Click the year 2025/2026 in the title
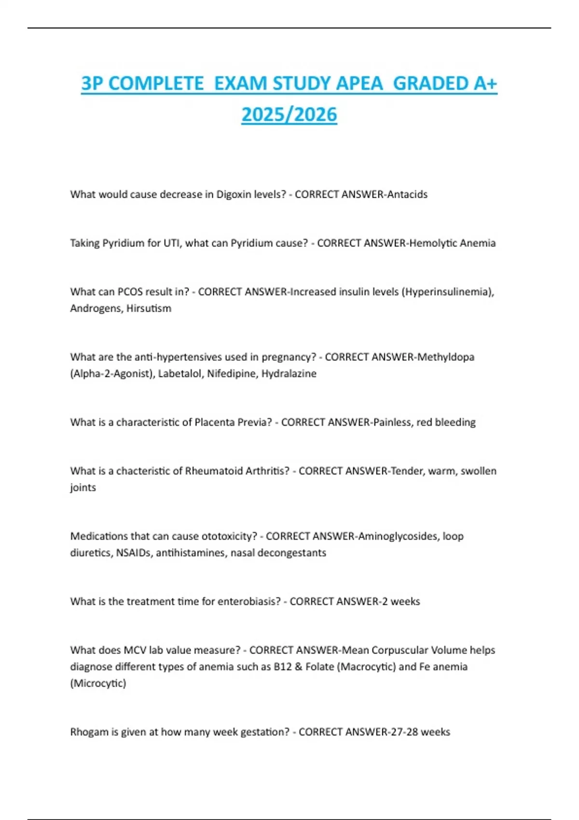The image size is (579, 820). click(289, 115)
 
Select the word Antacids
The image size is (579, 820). click(407, 194)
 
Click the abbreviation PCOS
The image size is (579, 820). click(130, 292)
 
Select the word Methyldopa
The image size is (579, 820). click(446, 357)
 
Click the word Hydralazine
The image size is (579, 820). click(289, 373)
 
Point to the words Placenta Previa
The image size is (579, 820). click(233, 422)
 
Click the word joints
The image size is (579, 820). click(83, 487)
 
